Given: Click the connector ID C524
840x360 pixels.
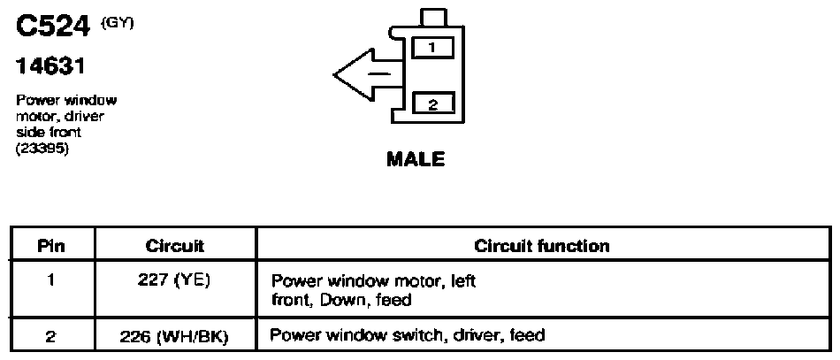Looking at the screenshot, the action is pos(52,27).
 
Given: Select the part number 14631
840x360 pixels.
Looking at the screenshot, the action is pos(50,67).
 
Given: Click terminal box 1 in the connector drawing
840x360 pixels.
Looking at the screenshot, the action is pos(433,49).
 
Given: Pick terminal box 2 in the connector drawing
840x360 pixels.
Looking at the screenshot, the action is pos(433,103).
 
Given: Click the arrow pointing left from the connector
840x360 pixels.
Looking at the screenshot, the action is pos(369,74).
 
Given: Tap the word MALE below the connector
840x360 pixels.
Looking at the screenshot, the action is pos(416,159).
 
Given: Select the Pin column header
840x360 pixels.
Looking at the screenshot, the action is pos(51,246).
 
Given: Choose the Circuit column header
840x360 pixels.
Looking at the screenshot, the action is pos(175,246).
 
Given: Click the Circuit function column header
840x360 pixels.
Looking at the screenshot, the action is pos(542,246).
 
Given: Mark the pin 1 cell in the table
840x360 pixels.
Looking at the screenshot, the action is pos(51,280).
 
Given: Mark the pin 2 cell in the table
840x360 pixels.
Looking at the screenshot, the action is pos(51,336).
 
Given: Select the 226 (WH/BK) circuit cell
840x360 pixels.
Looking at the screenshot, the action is pos(175,336).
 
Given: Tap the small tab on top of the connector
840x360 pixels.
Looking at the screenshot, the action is pos(434,18).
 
